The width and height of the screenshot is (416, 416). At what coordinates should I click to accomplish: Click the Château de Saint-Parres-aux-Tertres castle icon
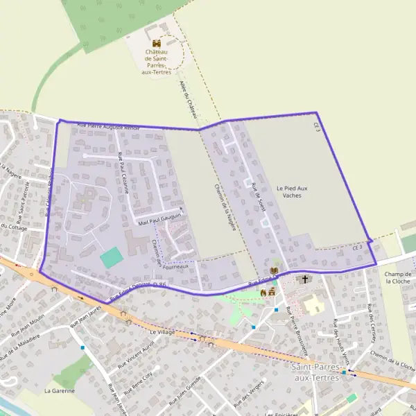pyautogui.click(x=156, y=43)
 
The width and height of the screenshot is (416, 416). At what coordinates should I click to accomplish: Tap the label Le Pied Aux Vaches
pyautogui.click(x=291, y=191)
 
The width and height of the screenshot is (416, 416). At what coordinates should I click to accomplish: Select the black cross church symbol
pyautogui.click(x=304, y=279)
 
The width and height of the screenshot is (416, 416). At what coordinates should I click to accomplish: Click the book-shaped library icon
pyautogui.click(x=273, y=270)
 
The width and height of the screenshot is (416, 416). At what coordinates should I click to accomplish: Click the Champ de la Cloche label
pyautogui.click(x=398, y=277)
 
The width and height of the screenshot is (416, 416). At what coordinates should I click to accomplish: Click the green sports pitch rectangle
pyautogui.click(x=110, y=259)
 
